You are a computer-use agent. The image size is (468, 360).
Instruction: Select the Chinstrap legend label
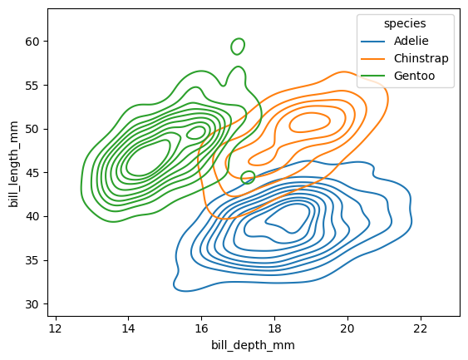tap(421, 59)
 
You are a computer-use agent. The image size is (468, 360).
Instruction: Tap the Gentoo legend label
tap(415, 78)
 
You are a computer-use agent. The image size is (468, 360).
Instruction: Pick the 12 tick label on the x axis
tap(55, 326)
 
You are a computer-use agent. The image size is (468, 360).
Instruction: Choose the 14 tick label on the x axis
tap(128, 326)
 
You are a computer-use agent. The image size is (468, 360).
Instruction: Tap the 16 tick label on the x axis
tap(201, 326)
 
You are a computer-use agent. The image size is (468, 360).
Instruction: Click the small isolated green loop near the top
tap(238, 46)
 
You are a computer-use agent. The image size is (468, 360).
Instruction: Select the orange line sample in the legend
tap(373, 59)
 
